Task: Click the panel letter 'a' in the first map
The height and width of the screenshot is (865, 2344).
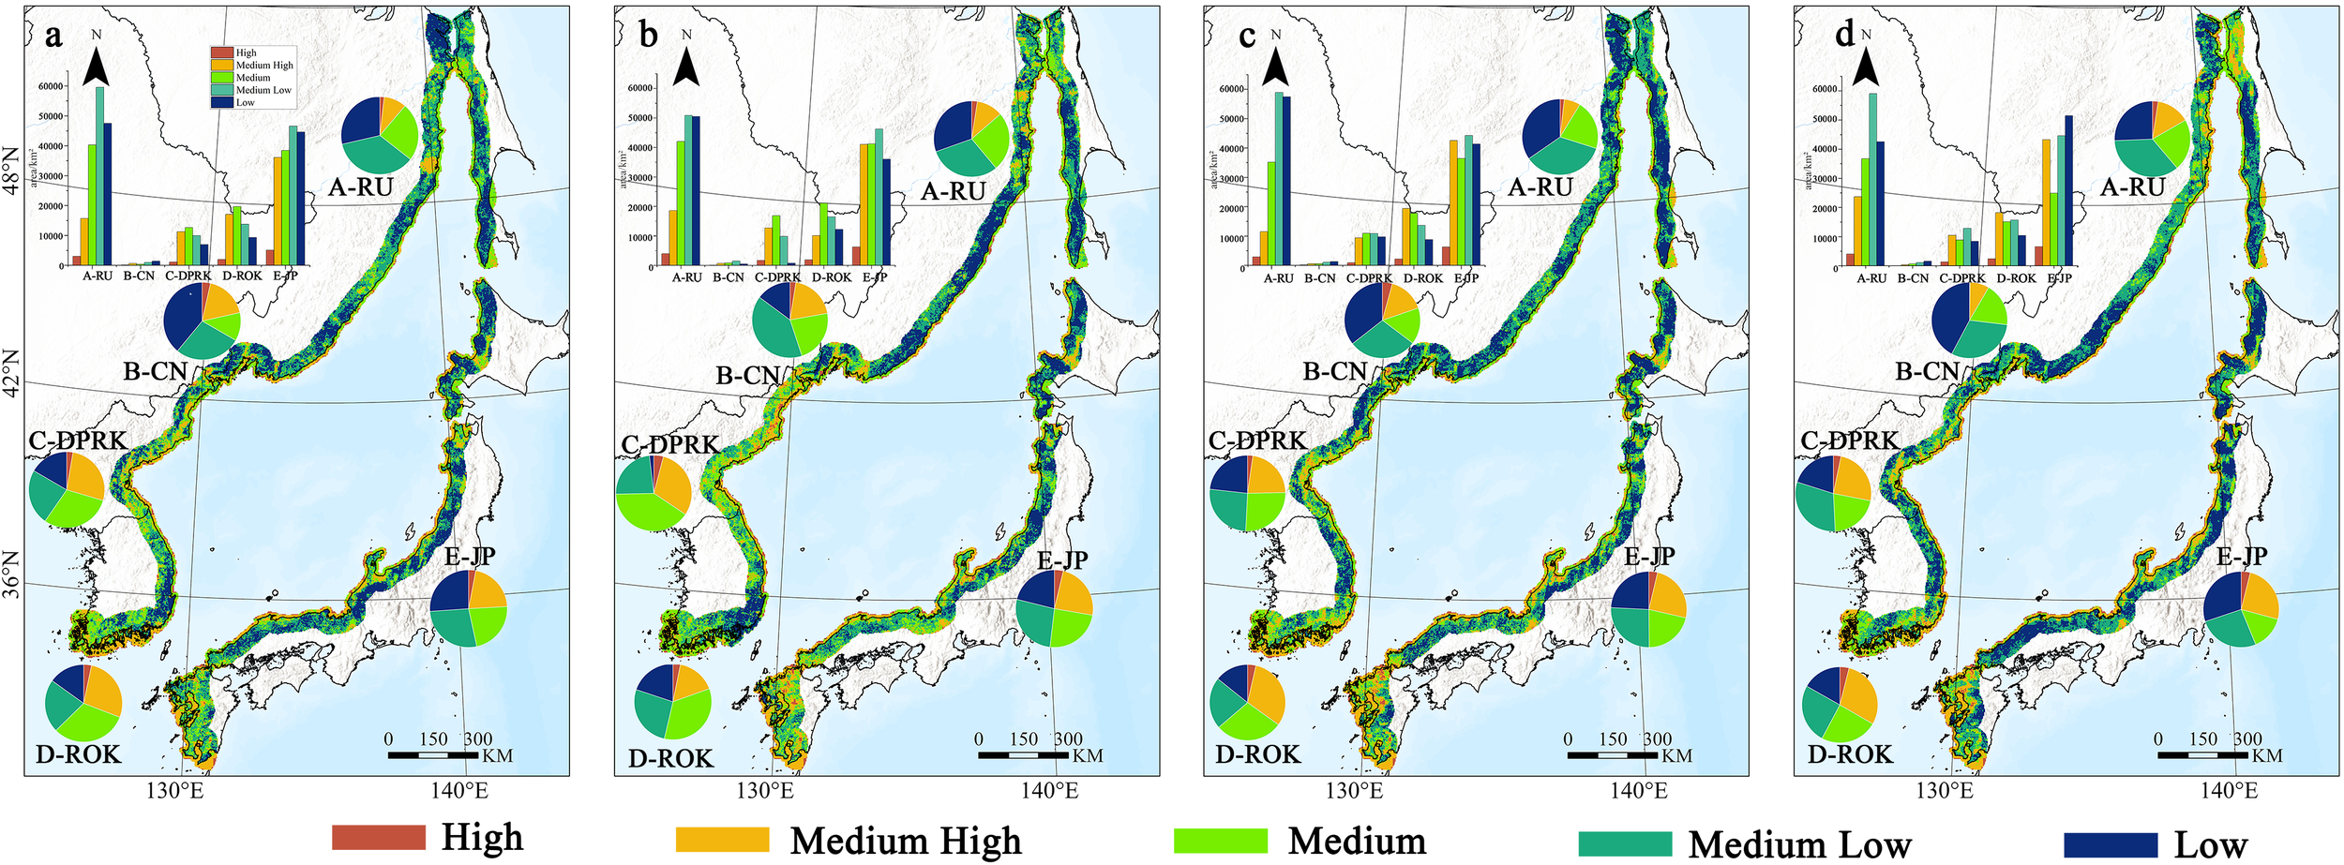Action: (53, 37)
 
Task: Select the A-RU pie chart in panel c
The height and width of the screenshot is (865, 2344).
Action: (1559, 136)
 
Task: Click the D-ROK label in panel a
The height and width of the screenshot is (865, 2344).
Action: (79, 753)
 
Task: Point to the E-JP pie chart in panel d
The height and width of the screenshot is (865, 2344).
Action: (2240, 609)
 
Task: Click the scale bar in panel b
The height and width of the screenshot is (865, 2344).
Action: (1023, 754)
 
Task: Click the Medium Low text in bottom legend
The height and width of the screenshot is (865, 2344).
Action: (1799, 844)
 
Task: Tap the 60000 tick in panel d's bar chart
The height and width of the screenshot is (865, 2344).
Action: (1824, 89)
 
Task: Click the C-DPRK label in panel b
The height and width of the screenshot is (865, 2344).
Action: (669, 444)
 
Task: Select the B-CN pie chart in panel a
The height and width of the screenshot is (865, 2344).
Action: (202, 321)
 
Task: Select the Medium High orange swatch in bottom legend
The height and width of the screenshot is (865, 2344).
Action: (722, 840)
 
